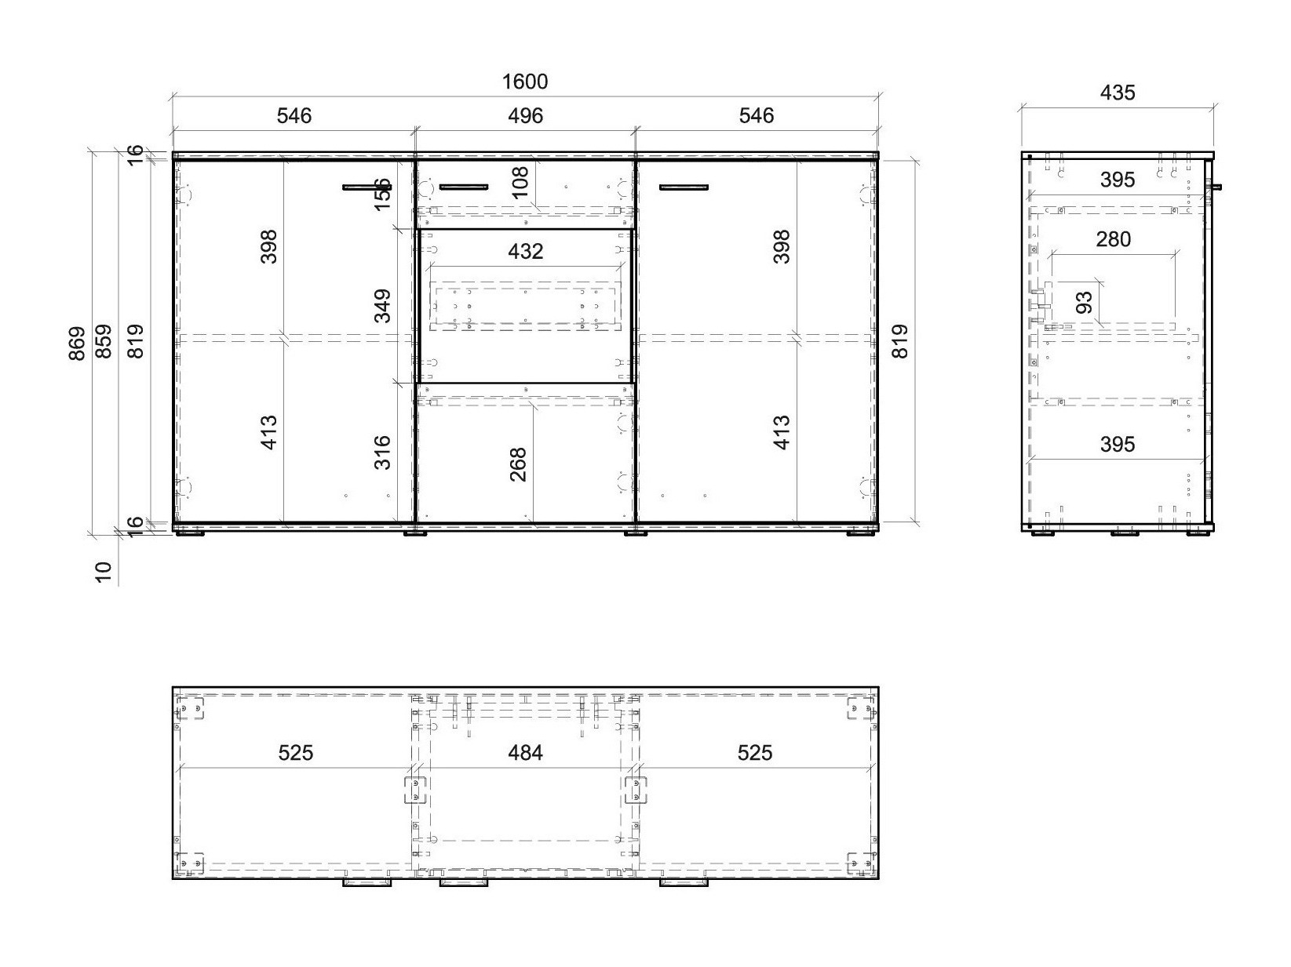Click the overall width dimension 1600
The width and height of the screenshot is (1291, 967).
(x=524, y=82)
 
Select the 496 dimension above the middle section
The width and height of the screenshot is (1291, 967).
(x=524, y=116)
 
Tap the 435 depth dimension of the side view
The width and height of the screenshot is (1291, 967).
(x=1117, y=93)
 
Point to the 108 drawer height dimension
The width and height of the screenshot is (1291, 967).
(x=520, y=185)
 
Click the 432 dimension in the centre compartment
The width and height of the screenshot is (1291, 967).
(x=525, y=251)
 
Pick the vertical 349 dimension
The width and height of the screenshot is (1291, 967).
(x=382, y=306)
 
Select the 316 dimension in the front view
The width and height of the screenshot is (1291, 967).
(x=382, y=453)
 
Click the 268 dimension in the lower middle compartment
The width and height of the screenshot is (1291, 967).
(x=518, y=464)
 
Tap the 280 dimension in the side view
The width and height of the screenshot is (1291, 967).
(x=1113, y=239)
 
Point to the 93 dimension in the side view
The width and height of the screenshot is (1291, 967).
(x=1085, y=302)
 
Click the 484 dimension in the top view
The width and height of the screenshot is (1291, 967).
(x=525, y=753)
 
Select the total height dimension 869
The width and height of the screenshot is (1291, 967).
(x=77, y=343)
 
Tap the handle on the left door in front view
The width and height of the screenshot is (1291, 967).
(x=367, y=187)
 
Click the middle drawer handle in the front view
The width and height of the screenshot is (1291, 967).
(x=463, y=187)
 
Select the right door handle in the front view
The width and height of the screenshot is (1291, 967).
(x=684, y=187)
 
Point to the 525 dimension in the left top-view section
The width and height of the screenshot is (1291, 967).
(x=295, y=753)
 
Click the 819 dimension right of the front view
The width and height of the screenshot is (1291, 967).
(x=900, y=341)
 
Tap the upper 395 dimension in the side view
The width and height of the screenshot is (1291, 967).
(x=1117, y=180)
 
